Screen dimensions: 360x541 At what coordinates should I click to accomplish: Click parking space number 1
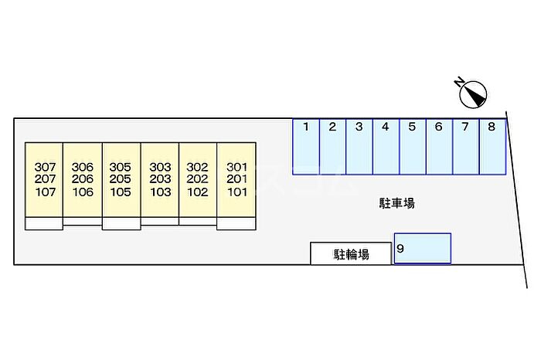click(306, 147)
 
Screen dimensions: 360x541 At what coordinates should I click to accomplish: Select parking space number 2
click(332, 147)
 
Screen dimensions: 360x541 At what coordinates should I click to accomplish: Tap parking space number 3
click(359, 147)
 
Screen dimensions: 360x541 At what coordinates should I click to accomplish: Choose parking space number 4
click(386, 147)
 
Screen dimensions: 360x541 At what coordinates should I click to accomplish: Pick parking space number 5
click(412, 147)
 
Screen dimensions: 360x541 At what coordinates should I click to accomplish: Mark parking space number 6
click(438, 147)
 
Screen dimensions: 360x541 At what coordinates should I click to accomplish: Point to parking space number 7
click(465, 147)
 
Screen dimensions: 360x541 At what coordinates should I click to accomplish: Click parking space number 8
click(492, 147)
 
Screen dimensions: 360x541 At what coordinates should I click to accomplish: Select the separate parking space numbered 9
click(423, 249)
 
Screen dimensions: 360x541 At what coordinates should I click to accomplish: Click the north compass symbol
click(471, 94)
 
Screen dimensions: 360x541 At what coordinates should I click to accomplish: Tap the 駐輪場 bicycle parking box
click(351, 253)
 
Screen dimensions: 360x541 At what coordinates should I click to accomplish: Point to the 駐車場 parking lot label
click(397, 204)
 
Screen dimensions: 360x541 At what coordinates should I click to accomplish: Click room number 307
click(46, 167)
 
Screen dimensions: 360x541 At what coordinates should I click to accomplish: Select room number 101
click(236, 192)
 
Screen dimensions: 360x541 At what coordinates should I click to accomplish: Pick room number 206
click(82, 179)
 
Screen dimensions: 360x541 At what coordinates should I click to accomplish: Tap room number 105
click(120, 192)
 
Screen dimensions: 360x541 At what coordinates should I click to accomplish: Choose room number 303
click(160, 167)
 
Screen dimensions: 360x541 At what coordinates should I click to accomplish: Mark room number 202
click(198, 179)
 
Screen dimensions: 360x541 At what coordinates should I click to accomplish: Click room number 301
click(236, 167)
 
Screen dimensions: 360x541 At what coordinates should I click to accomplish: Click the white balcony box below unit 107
click(43, 223)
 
